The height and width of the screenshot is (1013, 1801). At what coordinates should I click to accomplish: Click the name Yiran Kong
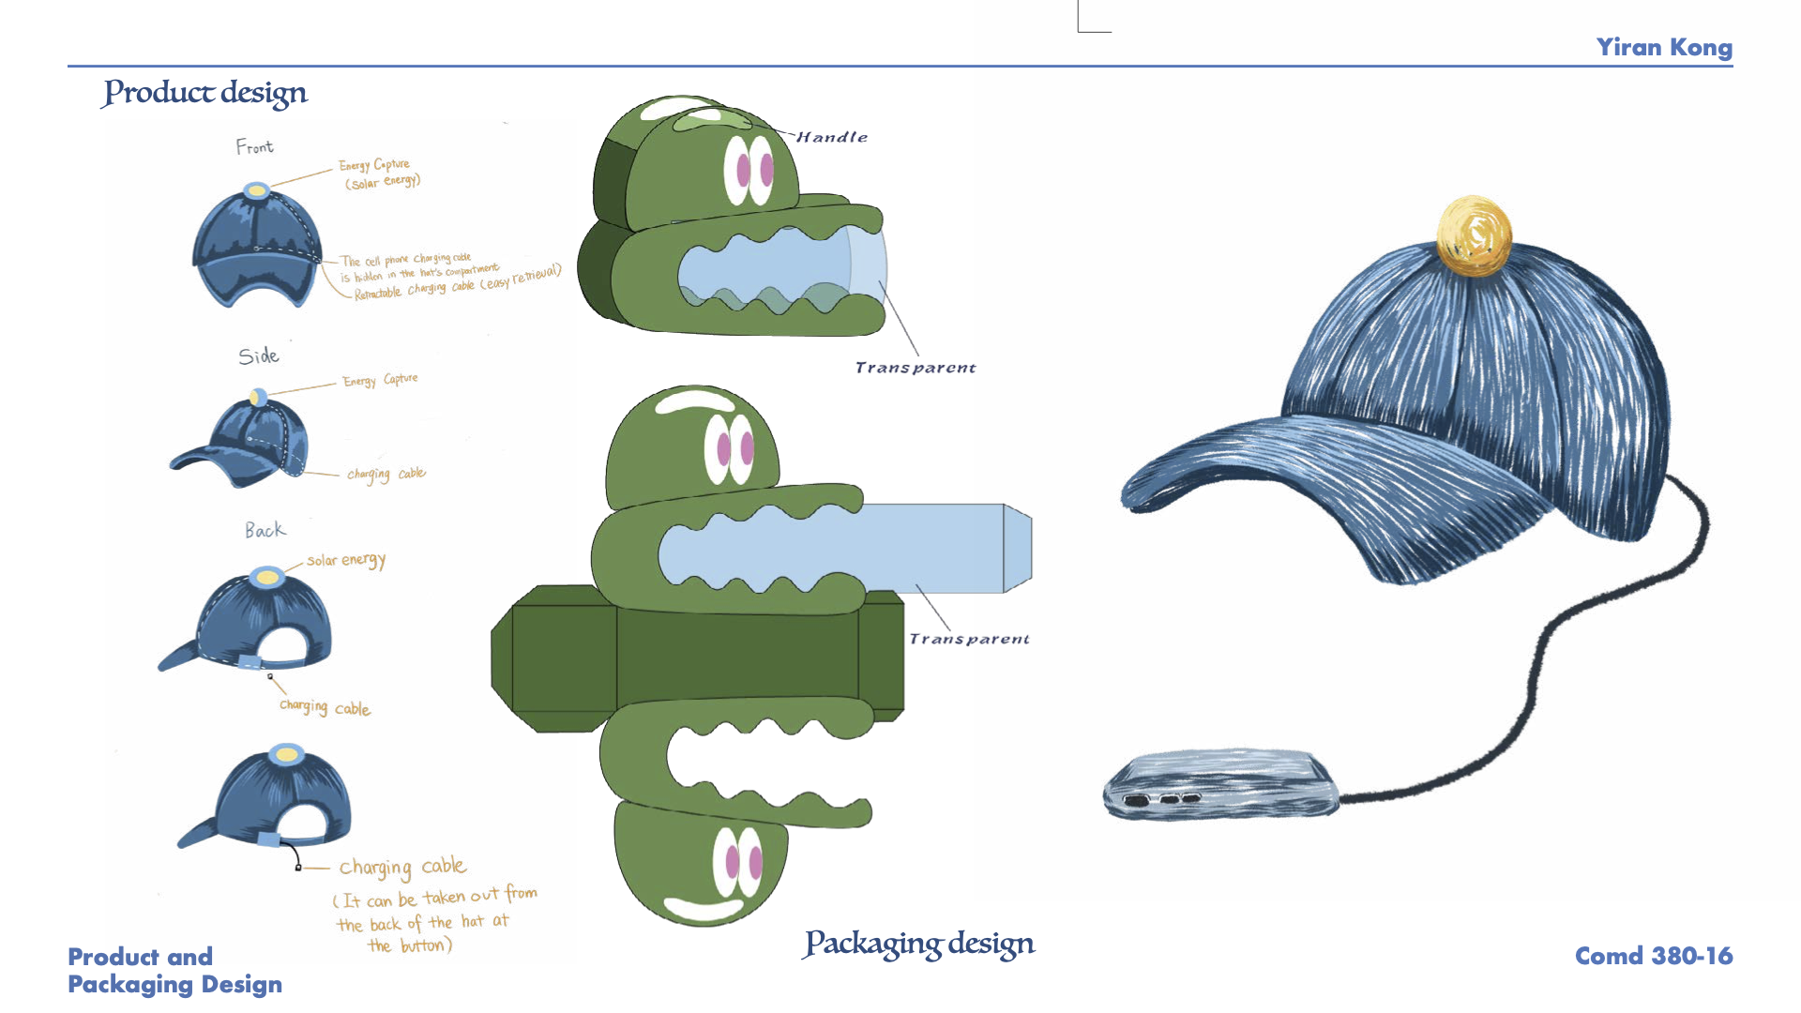pyautogui.click(x=1664, y=48)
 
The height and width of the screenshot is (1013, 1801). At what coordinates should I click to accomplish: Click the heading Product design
pyautogui.click(x=205, y=93)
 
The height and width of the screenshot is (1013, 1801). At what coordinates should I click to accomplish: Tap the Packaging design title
pyautogui.click(x=919, y=944)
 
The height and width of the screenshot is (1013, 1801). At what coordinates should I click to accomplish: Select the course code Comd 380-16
pyautogui.click(x=1653, y=956)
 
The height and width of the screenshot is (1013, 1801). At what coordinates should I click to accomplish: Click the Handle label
pyautogui.click(x=832, y=137)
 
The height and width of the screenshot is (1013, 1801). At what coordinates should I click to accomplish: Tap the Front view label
pyautogui.click(x=254, y=147)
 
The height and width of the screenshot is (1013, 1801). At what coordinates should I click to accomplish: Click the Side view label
pyautogui.click(x=258, y=356)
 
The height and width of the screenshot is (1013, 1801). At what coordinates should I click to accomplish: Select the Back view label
pyautogui.click(x=265, y=531)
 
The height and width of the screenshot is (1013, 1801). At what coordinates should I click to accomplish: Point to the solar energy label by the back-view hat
pyautogui.click(x=346, y=560)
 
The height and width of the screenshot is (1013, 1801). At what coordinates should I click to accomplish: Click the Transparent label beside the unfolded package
pyautogui.click(x=969, y=639)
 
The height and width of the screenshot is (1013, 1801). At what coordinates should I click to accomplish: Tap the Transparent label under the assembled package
pyautogui.click(x=915, y=368)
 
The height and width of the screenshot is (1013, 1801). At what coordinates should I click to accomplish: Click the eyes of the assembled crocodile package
pyautogui.click(x=749, y=171)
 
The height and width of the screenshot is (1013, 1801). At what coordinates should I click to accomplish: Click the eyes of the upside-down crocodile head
pyautogui.click(x=737, y=862)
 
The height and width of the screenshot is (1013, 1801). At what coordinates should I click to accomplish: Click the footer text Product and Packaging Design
pyautogui.click(x=174, y=970)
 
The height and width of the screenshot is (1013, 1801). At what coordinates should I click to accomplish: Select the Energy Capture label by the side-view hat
pyautogui.click(x=380, y=380)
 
